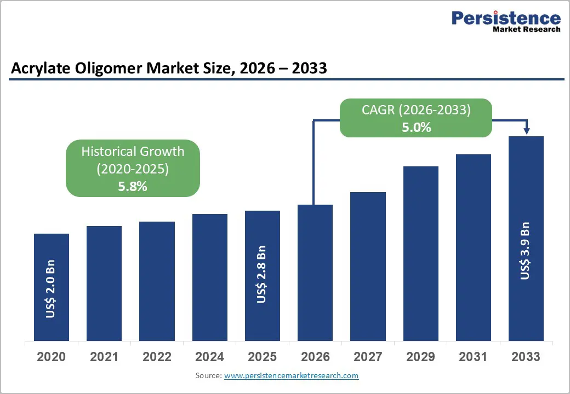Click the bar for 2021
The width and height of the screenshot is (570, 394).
pyautogui.click(x=104, y=283)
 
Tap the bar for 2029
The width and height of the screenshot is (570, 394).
pyautogui.click(x=421, y=253)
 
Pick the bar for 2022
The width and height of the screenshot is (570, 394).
pyautogui.click(x=157, y=281)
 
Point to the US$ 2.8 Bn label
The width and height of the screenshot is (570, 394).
pyautogui.click(x=262, y=275)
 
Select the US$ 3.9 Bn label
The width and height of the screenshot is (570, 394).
pyautogui.click(x=526, y=251)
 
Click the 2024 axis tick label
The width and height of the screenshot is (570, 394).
pyautogui.click(x=209, y=357)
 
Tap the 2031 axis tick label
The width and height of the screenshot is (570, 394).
pyautogui.click(x=473, y=357)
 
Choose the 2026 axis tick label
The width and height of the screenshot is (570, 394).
pyautogui.click(x=315, y=357)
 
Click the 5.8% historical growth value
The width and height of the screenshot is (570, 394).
pyautogui.click(x=133, y=186)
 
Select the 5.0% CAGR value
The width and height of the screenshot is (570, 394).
pyautogui.click(x=416, y=128)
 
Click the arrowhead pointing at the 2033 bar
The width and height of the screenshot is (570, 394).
pyautogui.click(x=526, y=131)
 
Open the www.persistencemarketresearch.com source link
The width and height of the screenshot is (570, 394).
pyautogui.click(x=291, y=375)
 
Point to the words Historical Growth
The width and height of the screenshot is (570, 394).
pyautogui.click(x=133, y=152)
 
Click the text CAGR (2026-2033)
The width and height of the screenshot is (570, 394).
pyautogui.click(x=416, y=109)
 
